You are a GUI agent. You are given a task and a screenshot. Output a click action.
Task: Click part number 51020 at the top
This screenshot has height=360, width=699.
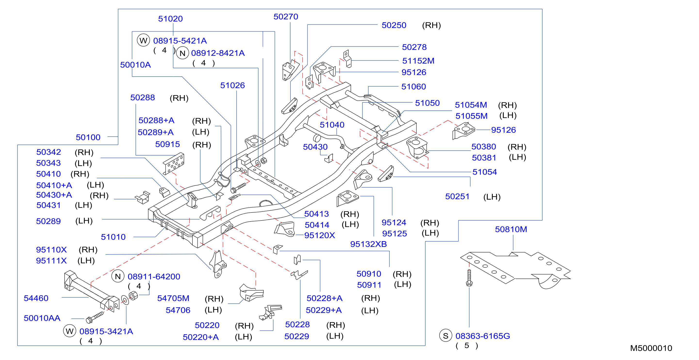pos(170,19)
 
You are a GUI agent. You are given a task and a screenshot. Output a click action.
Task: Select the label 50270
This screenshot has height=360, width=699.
pos(286,16)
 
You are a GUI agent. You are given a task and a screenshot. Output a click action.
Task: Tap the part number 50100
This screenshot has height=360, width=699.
pos(88,137)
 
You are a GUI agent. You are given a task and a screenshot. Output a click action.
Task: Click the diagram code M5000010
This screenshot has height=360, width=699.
pos(651,348)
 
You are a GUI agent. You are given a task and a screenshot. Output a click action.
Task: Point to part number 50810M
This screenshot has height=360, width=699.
pos(511,229)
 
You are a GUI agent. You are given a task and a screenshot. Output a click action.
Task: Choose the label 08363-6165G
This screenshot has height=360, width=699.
pos(483,336)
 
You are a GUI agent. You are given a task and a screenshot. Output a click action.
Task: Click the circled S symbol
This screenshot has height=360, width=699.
pos(445,335)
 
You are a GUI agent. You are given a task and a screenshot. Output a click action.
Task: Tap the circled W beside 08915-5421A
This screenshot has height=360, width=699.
pos(143,41)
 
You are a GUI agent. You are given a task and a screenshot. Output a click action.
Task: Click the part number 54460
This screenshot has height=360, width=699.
pos(36,298)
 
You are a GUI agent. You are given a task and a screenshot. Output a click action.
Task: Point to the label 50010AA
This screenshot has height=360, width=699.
pos(42,318)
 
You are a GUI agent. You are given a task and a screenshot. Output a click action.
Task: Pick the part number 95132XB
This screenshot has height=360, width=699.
pos(369,244)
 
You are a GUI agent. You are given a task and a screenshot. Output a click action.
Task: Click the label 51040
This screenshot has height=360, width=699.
pos(332,125)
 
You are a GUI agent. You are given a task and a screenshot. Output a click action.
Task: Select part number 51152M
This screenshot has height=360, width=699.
pos(418,61)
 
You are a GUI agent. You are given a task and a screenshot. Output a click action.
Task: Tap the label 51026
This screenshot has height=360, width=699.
pos(232,85)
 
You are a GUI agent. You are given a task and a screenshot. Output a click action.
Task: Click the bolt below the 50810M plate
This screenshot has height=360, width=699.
pos(469,278)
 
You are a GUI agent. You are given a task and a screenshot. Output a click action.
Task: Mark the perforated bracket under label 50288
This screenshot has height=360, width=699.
pos(174,164)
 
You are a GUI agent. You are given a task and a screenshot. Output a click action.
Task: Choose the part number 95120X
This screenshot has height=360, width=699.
pos(320,235)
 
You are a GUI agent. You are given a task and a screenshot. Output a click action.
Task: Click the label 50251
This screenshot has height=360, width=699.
pos(457,196)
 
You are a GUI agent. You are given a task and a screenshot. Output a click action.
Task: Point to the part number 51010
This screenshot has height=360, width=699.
pos(113,237)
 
